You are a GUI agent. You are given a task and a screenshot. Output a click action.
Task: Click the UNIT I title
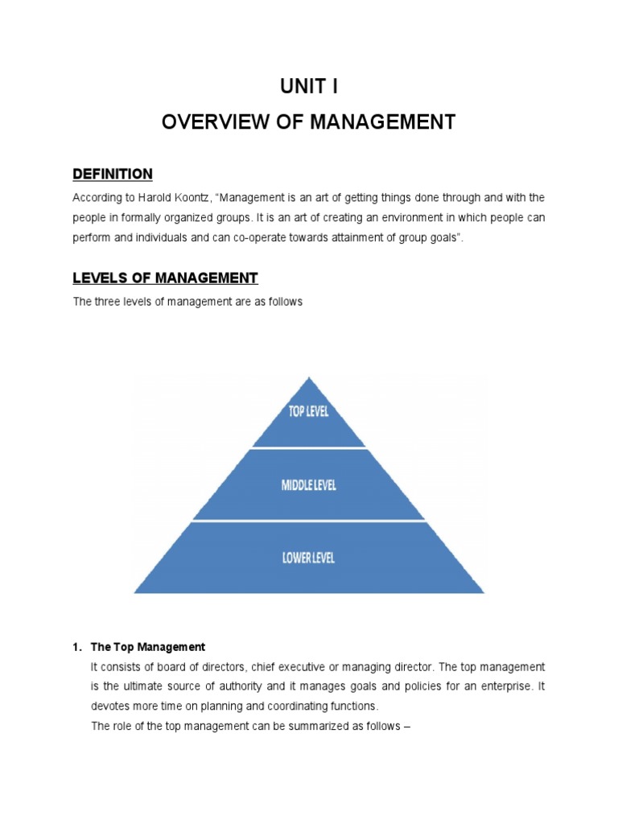click(x=309, y=87)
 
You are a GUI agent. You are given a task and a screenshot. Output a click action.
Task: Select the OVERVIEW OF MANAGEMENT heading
click(x=309, y=122)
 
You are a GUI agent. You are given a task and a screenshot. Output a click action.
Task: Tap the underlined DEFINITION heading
click(x=112, y=174)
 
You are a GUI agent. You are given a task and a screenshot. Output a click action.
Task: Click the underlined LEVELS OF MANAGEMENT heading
click(x=165, y=278)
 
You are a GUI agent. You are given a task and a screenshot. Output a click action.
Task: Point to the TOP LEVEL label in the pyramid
click(x=309, y=412)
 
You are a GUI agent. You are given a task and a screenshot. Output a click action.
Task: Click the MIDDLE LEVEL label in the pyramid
click(x=309, y=485)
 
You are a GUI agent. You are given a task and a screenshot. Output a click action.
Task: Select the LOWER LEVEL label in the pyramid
click(x=309, y=557)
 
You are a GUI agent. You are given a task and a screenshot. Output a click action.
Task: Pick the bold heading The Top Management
click(x=148, y=647)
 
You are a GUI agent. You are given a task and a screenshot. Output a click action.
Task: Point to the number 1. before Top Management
click(x=77, y=647)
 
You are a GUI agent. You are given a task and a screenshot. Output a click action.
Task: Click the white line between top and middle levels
click(x=309, y=448)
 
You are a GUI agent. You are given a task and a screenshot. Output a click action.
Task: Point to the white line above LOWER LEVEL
click(x=309, y=521)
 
